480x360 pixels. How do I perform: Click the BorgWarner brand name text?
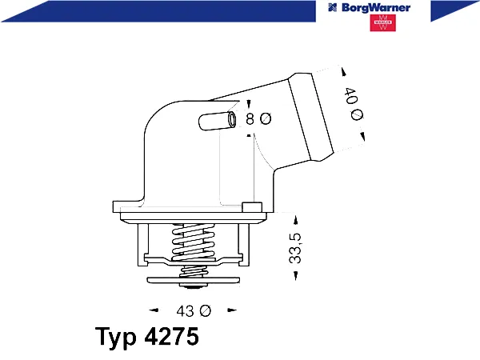pos(376,8)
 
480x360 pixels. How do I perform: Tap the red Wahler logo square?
pos(382,23)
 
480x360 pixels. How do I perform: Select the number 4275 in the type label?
pos(171,337)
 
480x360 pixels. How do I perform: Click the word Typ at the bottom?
pos(116,338)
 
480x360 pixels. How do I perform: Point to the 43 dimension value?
pos(185,311)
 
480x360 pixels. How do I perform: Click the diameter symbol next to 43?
pos(205,311)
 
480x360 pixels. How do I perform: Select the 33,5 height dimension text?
pos(295,248)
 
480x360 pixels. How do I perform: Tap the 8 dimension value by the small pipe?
pos(250,118)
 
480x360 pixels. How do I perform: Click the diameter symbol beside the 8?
pos(266,118)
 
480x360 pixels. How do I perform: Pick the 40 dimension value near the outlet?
pos(351,95)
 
